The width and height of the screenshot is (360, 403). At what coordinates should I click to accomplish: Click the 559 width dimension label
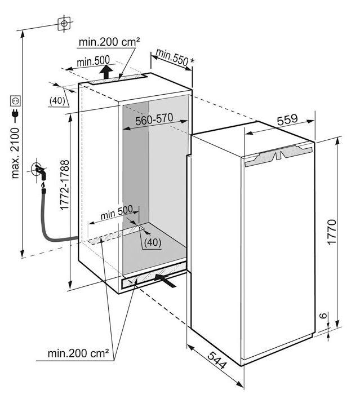[287, 119]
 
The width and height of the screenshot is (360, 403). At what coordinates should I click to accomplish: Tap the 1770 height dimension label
[331, 232]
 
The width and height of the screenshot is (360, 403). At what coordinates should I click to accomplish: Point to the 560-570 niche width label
[154, 119]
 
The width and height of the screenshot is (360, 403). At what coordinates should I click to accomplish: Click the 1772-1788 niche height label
[64, 185]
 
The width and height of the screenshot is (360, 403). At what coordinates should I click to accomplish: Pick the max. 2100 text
[15, 153]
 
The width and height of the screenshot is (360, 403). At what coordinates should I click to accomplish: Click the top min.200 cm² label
[109, 42]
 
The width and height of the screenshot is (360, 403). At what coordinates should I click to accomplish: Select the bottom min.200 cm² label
[78, 353]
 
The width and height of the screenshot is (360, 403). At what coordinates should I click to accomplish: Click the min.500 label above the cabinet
[93, 61]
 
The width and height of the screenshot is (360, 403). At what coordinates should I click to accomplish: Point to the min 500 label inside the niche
[117, 212]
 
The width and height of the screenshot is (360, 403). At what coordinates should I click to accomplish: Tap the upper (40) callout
[57, 100]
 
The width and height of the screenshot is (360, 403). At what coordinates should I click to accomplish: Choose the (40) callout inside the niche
[153, 242]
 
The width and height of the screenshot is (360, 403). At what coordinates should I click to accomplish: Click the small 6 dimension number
[324, 315]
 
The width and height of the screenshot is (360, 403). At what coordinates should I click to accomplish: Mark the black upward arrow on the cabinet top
[106, 72]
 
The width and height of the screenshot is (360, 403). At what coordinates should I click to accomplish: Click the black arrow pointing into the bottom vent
[165, 280]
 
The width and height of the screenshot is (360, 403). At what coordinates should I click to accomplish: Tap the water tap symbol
[39, 171]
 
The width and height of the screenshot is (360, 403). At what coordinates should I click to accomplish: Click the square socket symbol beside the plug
[15, 100]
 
